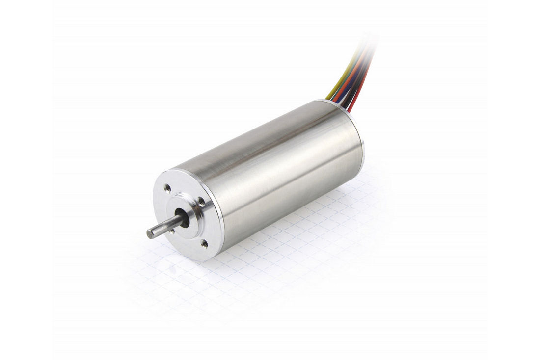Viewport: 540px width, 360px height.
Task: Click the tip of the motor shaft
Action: click(150, 234)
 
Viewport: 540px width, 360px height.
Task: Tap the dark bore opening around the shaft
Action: click(186, 218)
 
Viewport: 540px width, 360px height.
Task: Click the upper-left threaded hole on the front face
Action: click(167, 187)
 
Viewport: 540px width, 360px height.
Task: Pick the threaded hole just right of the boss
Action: click(201, 200)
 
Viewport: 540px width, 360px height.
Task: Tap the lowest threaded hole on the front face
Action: click(204, 243)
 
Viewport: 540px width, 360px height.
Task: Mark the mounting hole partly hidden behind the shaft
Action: click(172, 231)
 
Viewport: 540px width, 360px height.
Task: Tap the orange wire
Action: click(348, 83)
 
